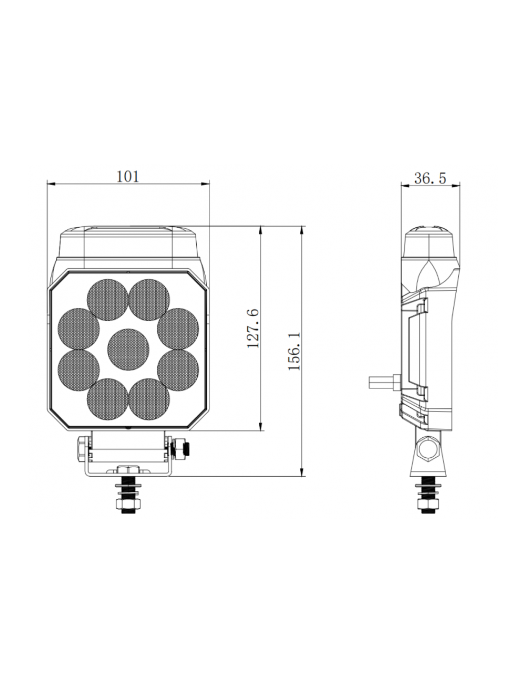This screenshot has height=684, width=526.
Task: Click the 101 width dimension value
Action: (127, 176)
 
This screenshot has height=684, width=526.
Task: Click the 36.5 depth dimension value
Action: (430, 178)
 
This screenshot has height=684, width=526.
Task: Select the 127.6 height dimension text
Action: (253, 329)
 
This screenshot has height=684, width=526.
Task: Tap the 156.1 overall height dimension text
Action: (295, 351)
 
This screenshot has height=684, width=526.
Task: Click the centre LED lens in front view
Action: (128, 348)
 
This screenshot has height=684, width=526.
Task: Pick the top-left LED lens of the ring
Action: (108, 300)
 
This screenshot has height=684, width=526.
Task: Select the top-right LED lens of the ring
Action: (149, 300)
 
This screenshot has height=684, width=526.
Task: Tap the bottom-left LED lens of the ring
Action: (108, 398)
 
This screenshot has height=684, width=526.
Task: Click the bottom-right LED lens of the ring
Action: (149, 398)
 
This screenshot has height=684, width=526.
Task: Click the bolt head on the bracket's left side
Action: (82, 447)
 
